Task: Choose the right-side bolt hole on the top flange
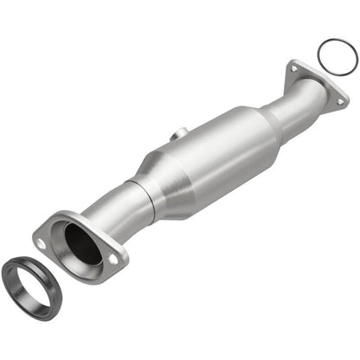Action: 340,100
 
